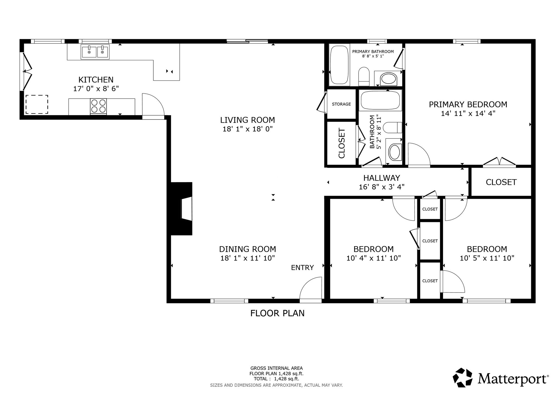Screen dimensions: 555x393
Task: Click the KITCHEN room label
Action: (96, 80)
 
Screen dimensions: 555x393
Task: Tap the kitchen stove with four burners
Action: (98, 106)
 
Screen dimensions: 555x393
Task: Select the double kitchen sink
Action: (95, 52)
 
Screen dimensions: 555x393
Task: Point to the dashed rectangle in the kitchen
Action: (37, 104)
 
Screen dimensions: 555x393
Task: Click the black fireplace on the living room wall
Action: (182, 208)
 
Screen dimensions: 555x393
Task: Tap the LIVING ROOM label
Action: (247, 120)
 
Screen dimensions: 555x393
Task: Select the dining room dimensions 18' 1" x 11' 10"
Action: (248, 258)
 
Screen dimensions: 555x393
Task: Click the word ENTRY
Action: (302, 268)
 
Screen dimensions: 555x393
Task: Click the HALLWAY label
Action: (382, 178)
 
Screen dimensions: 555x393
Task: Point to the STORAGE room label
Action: (341, 104)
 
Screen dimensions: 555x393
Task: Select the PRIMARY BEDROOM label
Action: (468, 104)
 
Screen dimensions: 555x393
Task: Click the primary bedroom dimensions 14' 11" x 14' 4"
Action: (468, 113)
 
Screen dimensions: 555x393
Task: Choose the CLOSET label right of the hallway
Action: (501, 182)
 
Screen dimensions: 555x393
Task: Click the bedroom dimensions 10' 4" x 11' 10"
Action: (373, 258)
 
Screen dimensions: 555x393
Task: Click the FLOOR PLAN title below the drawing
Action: (277, 313)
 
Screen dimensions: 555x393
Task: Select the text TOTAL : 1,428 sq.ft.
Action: (276, 379)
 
